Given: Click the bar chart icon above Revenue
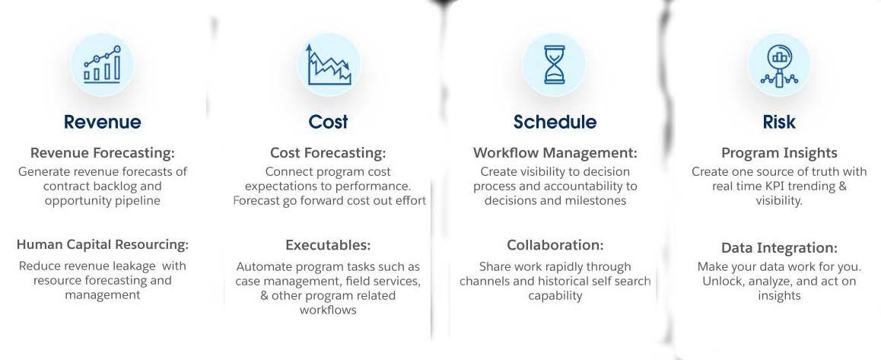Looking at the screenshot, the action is (x=102, y=65).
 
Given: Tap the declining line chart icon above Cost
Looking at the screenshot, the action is (x=329, y=65).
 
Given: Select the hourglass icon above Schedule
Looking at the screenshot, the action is (x=555, y=65).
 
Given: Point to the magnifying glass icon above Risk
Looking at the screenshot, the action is (x=779, y=65).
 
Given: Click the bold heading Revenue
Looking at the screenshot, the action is (x=102, y=122).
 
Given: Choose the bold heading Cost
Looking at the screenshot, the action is (x=328, y=122).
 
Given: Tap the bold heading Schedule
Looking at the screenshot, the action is (x=555, y=122).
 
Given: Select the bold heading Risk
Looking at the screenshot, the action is (x=779, y=122).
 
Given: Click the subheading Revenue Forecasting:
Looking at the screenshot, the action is (x=102, y=153).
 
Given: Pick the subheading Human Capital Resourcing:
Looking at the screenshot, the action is (x=102, y=244).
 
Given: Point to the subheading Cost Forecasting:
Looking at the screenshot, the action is (x=328, y=153).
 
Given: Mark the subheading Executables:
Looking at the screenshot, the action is (x=328, y=245).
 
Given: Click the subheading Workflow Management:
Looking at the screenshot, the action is (x=555, y=153).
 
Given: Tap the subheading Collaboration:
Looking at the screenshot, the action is (x=555, y=245).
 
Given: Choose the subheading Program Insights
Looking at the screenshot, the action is (x=779, y=153).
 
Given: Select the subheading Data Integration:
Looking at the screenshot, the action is (x=779, y=248).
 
